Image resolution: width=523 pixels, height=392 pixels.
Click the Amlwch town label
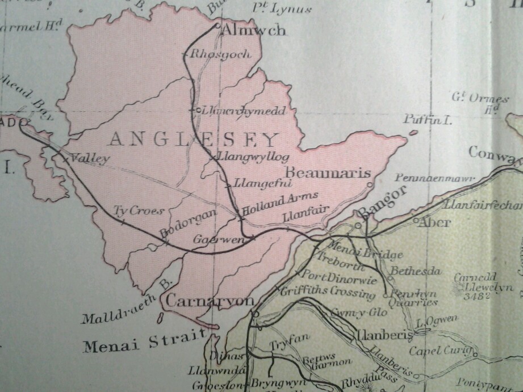click(x=254, y=31)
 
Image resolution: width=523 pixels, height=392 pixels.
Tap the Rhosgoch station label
click(x=212, y=55)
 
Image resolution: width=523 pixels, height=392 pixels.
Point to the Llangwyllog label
click(x=250, y=157)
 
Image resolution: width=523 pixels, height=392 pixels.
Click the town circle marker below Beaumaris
click(x=370, y=184)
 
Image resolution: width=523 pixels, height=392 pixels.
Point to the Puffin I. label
click(x=426, y=120)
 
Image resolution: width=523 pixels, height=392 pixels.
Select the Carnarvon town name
click(x=211, y=301)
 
